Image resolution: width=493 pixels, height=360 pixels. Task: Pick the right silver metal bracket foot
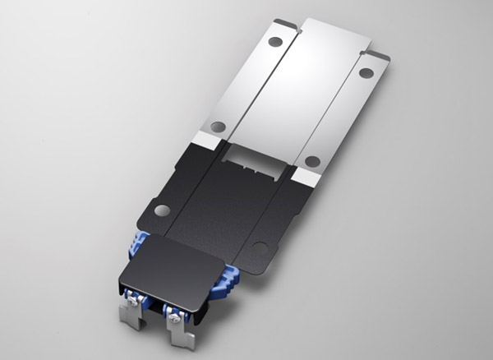click(x=182, y=338)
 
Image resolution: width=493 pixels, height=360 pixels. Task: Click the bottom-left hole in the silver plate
click(x=217, y=127)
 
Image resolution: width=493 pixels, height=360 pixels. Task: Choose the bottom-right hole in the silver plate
click(x=311, y=160)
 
